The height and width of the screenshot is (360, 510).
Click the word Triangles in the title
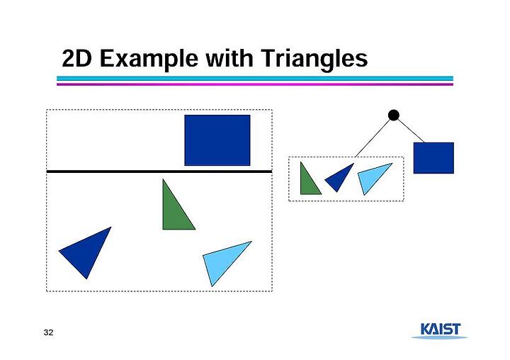click(x=314, y=59)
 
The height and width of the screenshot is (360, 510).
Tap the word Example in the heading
click(x=149, y=59)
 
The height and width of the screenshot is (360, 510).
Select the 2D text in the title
click(x=76, y=59)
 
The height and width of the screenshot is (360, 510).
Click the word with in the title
click(x=229, y=58)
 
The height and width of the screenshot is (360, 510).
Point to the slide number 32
click(x=48, y=332)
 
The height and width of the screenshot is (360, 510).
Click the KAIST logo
click(x=440, y=330)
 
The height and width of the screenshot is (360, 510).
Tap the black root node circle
click(x=394, y=116)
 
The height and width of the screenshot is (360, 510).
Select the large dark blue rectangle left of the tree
click(x=217, y=140)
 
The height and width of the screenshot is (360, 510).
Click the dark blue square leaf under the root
click(x=433, y=158)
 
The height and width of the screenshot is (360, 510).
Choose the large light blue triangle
click(x=225, y=259)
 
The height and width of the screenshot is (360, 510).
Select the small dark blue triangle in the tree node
click(x=339, y=176)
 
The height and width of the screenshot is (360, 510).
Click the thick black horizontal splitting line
click(x=159, y=171)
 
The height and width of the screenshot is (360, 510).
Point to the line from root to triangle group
click(x=373, y=138)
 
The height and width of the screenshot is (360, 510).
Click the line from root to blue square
click(x=411, y=131)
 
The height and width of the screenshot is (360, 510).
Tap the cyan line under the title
click(x=255, y=79)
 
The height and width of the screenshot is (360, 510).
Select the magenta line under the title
click(x=255, y=84)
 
